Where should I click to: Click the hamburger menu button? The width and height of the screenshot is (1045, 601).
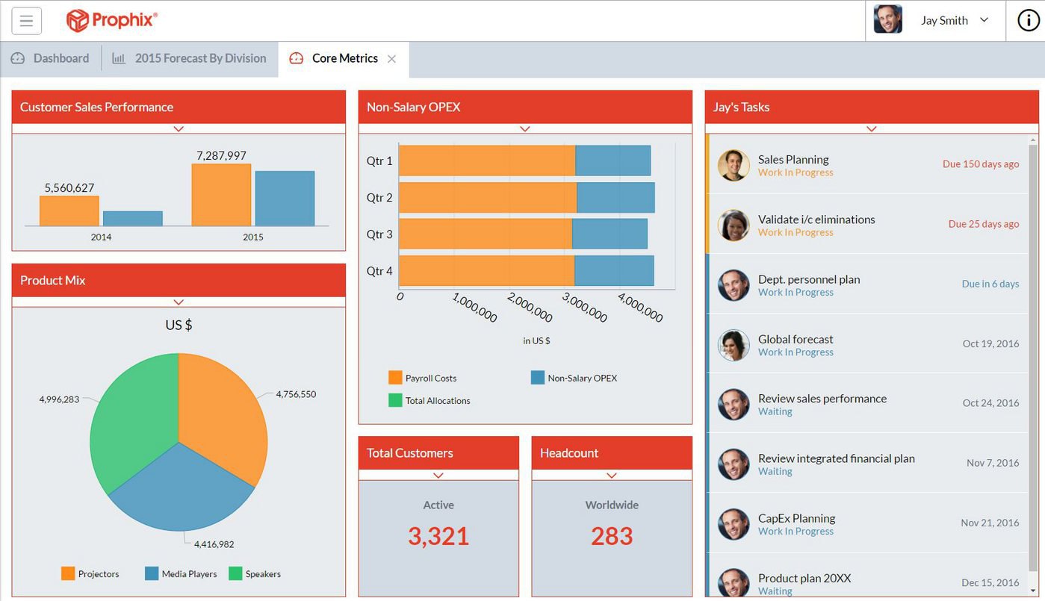[x=26, y=21]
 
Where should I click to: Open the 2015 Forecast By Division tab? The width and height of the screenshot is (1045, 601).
[x=199, y=58]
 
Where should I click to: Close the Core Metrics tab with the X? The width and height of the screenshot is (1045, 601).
[x=391, y=59]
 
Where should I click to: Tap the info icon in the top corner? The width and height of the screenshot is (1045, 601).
[x=1028, y=21]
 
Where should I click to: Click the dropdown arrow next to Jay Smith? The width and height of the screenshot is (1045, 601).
[x=984, y=20]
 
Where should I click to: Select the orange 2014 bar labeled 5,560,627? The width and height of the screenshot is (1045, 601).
[x=69, y=211]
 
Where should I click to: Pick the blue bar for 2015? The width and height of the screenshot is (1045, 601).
[x=285, y=199]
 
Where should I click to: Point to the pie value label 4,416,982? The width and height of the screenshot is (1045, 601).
[x=214, y=544]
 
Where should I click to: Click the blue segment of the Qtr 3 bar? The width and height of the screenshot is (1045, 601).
[x=609, y=234]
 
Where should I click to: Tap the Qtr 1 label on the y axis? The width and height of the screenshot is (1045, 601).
[x=379, y=161]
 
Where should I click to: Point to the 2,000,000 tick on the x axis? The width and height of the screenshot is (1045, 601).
[x=530, y=307]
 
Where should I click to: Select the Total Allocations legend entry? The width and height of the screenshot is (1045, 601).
[x=437, y=401]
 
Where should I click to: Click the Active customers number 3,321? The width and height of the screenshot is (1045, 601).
[x=438, y=536]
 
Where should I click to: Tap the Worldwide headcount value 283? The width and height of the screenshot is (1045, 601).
[x=612, y=536]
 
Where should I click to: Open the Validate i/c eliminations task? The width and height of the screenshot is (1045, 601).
[x=816, y=219]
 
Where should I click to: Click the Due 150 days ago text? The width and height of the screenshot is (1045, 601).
[x=980, y=164]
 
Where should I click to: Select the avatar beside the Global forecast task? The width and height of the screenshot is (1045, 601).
[x=734, y=345]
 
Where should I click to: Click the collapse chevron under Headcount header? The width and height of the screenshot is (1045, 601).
[x=612, y=476]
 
